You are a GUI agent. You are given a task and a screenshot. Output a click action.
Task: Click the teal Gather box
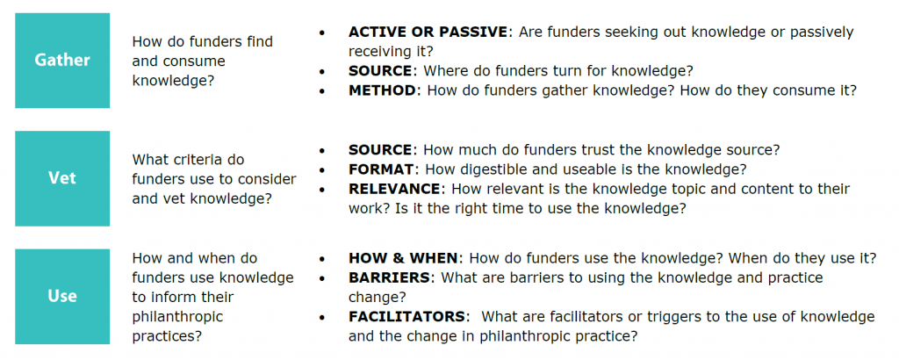point(62,61)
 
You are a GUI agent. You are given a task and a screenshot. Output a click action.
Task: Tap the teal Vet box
point(62,178)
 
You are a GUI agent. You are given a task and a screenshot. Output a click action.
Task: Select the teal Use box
point(62,296)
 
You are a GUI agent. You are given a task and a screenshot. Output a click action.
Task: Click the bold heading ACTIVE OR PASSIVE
point(428,32)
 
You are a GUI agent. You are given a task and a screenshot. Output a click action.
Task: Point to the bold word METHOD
point(381,90)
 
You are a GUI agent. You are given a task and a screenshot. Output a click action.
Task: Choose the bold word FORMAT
point(381,169)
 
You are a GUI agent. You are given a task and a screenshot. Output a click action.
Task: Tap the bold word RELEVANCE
point(394,189)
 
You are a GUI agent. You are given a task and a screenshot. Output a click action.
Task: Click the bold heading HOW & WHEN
point(403,258)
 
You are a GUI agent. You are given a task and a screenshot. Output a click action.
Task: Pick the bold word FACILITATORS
point(406,316)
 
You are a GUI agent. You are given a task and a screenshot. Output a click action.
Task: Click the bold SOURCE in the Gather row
point(380,70)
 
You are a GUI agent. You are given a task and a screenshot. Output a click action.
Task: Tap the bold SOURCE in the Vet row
point(380,150)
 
